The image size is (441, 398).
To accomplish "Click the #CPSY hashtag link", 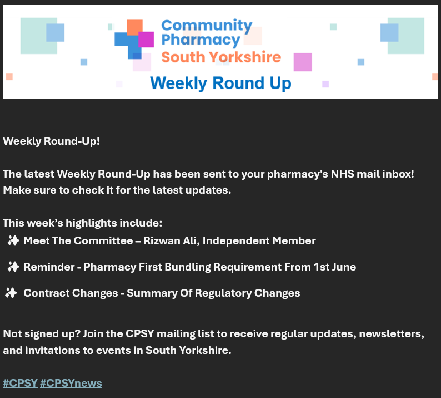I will (x=20, y=383).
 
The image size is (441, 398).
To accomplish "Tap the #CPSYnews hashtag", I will (x=71, y=383).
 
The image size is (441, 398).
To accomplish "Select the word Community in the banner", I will (x=207, y=25).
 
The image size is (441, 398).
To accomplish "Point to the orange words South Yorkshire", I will (x=220, y=57).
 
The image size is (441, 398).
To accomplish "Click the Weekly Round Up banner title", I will (x=220, y=83).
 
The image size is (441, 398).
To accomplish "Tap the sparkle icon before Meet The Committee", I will (x=13, y=240).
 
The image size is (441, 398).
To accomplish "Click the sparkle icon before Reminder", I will (x=13, y=267).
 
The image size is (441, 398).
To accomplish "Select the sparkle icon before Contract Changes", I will (x=11, y=293).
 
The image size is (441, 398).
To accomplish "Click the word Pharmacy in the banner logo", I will (x=201, y=40).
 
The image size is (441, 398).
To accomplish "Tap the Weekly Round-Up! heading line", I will (x=51, y=141).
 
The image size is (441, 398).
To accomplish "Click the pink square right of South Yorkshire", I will (x=303, y=62).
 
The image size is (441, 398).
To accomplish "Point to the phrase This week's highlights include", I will (x=82, y=223).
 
